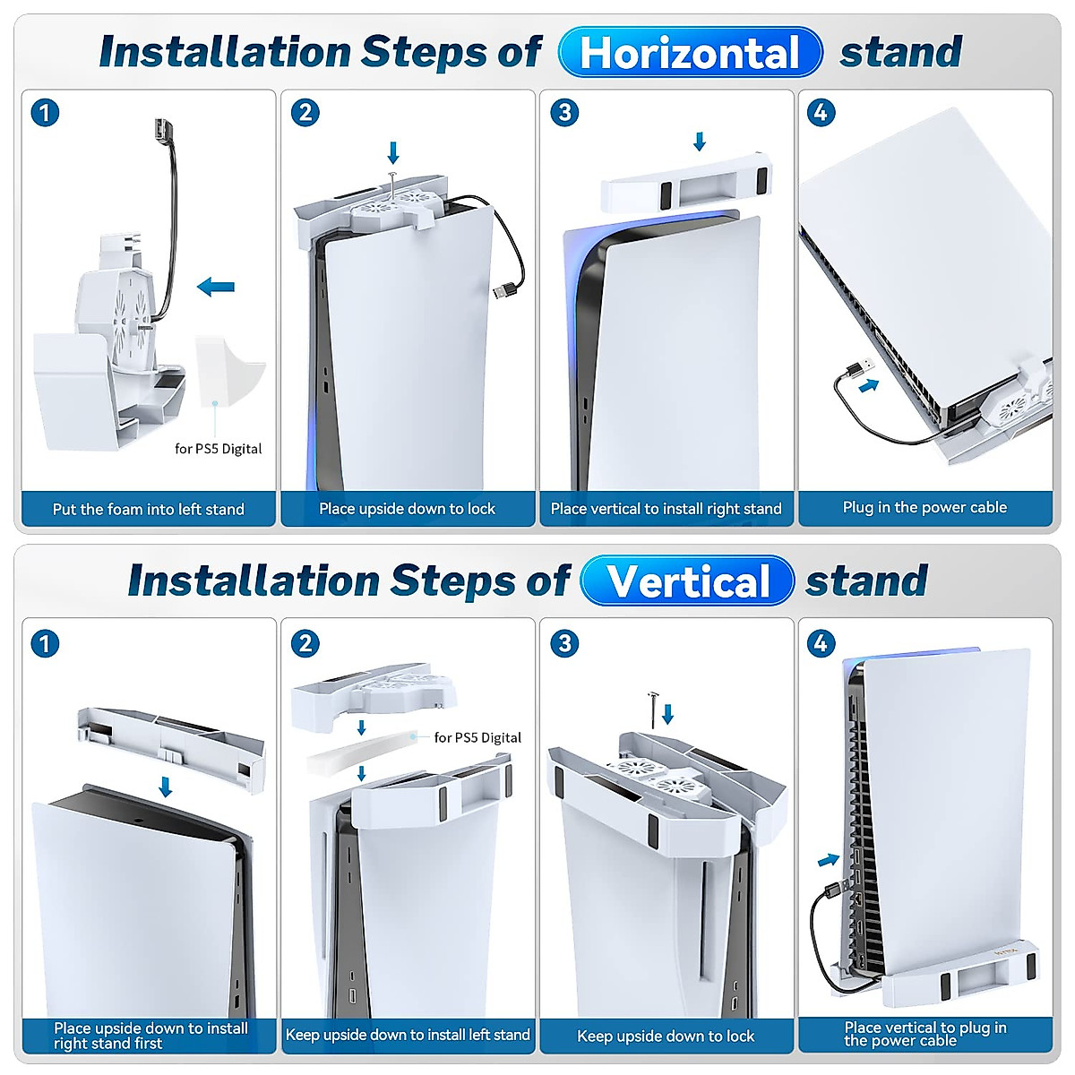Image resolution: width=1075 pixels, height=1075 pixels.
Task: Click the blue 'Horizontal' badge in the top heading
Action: click(x=689, y=52)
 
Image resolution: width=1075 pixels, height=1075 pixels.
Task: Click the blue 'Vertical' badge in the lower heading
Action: click(x=687, y=580)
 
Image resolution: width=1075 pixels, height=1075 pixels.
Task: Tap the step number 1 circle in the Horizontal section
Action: click(x=45, y=113)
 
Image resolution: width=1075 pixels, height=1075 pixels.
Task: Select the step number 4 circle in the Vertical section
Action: click(x=821, y=643)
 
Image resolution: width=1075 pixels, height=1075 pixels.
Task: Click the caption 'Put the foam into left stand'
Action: click(x=149, y=509)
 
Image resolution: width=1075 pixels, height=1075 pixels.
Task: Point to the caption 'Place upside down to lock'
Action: click(x=407, y=509)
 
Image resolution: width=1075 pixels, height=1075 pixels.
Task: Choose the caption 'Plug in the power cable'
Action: click(x=924, y=507)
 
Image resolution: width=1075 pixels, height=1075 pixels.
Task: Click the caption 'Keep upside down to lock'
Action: click(x=666, y=1036)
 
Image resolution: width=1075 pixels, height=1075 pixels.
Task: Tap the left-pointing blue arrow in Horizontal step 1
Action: click(x=216, y=287)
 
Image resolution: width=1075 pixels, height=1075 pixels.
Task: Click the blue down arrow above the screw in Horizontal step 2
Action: click(x=392, y=151)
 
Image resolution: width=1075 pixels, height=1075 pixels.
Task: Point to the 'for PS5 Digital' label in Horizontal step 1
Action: click(x=219, y=448)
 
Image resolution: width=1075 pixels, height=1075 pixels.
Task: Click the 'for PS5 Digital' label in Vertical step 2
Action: click(x=477, y=737)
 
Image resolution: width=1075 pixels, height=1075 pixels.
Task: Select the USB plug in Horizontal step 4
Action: click(x=858, y=368)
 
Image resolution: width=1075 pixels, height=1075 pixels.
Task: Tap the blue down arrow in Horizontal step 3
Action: click(x=700, y=141)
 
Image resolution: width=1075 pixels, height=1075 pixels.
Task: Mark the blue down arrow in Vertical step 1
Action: click(x=165, y=787)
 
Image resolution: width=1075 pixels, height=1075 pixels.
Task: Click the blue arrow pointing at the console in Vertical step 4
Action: click(x=829, y=860)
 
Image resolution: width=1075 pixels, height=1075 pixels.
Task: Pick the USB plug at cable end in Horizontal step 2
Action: click(x=504, y=291)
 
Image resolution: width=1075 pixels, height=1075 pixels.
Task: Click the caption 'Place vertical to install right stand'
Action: click(x=666, y=509)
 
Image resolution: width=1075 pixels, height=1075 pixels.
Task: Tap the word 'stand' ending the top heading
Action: click(x=900, y=52)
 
